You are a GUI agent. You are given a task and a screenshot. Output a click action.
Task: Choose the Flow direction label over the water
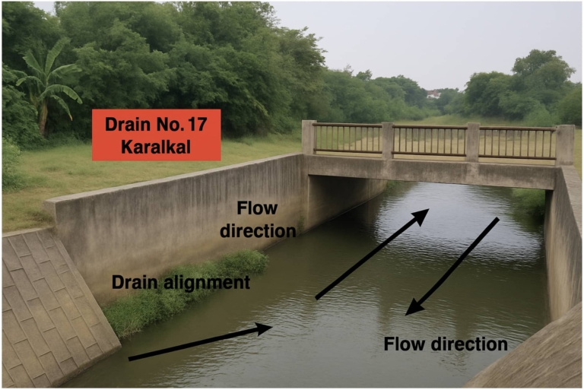[x=446, y=344]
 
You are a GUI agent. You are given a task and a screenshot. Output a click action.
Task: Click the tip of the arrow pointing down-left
[x=408, y=312]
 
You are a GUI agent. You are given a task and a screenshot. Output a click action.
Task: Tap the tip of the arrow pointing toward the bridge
[x=427, y=211]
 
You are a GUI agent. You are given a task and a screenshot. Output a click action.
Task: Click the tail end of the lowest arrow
[x=130, y=357]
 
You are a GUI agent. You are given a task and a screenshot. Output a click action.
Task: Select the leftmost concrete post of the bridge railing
[x=309, y=137]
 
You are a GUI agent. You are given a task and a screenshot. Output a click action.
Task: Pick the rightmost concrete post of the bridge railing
[x=564, y=144]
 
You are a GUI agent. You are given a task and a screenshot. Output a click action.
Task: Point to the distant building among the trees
[x=434, y=94]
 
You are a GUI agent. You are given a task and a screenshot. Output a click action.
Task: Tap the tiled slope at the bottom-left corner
[x=46, y=312]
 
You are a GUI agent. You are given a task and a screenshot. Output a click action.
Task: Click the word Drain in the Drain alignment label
[x=137, y=283]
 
